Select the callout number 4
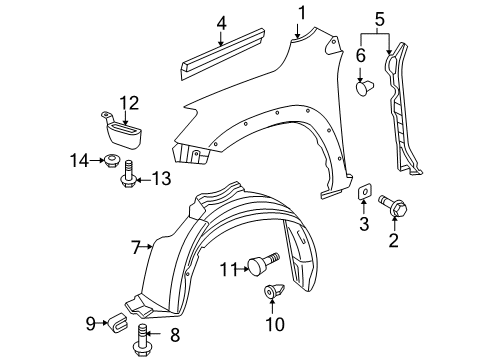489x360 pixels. click(221, 21)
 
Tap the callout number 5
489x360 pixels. click(378, 17)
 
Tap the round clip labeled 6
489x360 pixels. click(364, 88)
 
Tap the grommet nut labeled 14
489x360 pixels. click(114, 160)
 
